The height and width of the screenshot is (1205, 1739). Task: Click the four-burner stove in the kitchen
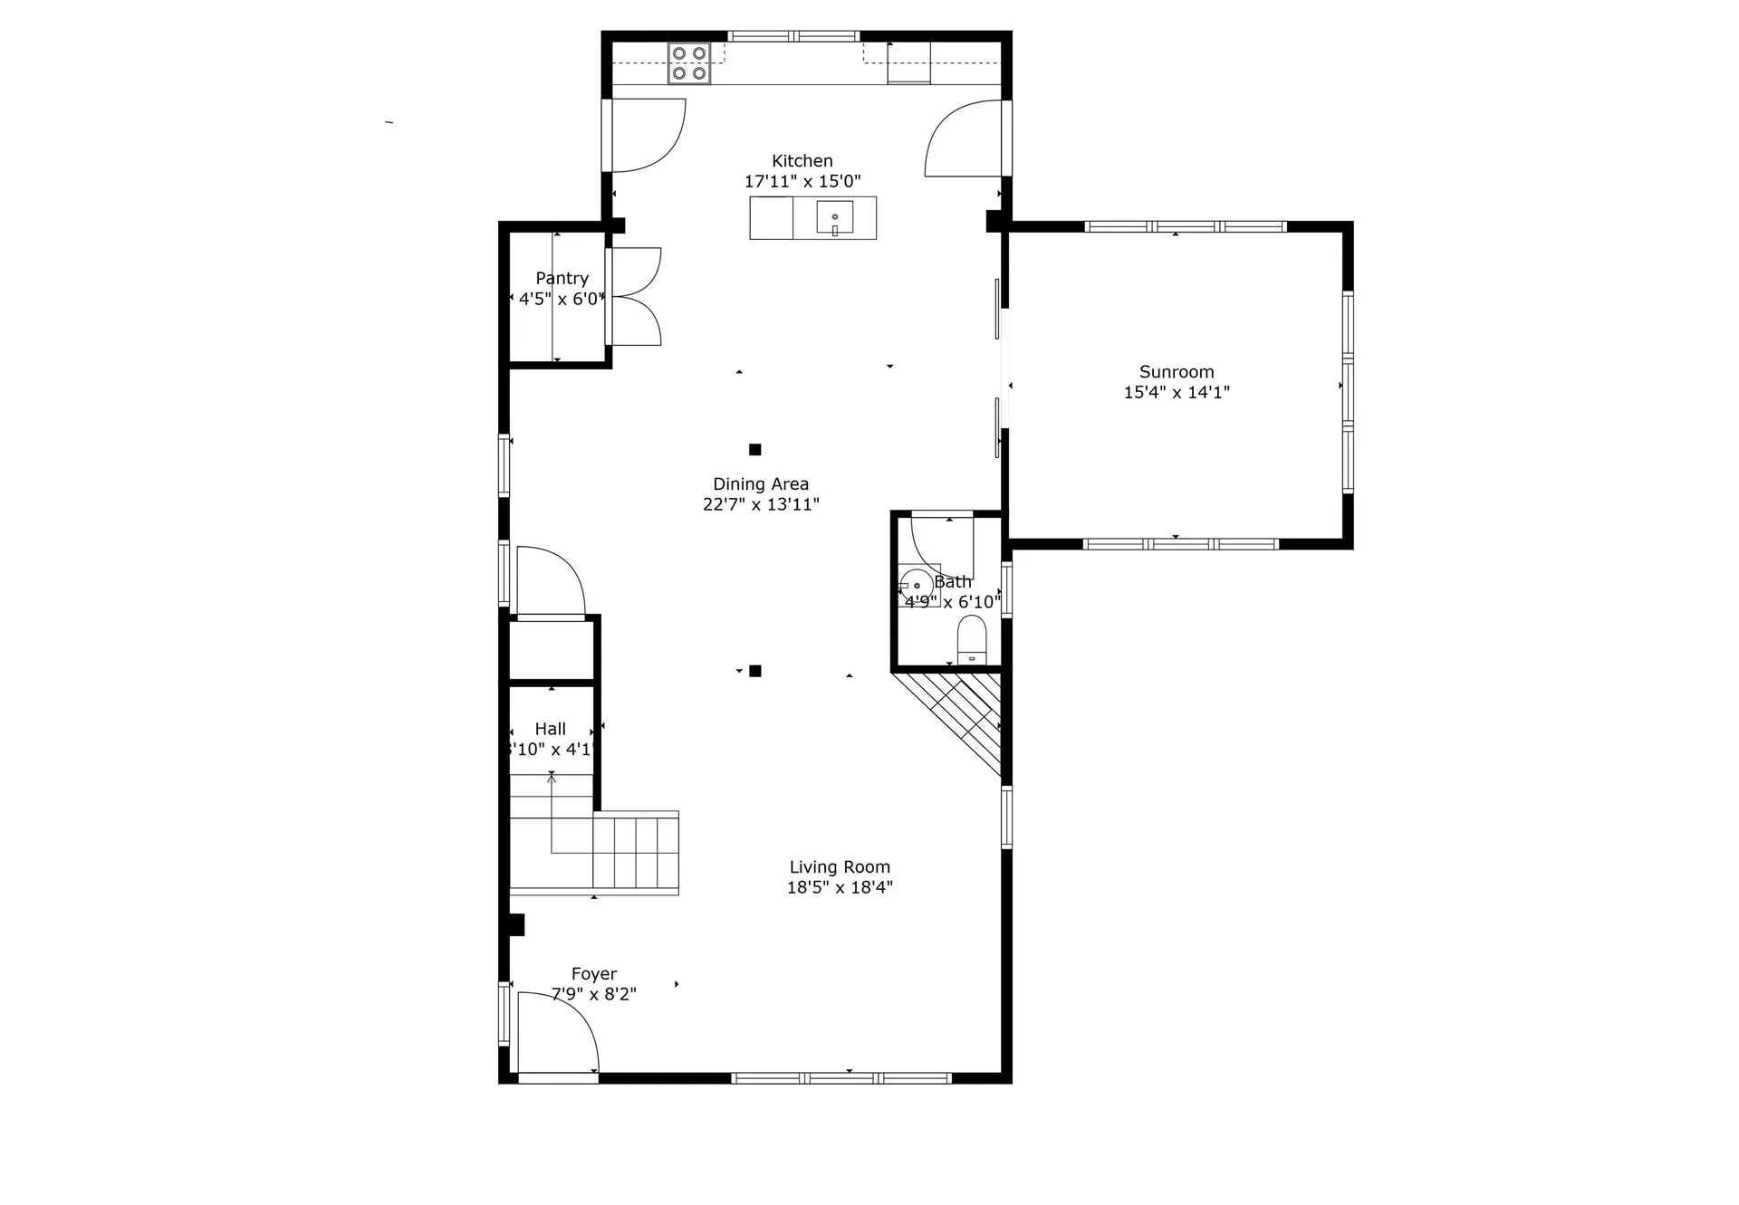pyautogui.click(x=688, y=63)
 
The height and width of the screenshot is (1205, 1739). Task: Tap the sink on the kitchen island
pyautogui.click(x=834, y=218)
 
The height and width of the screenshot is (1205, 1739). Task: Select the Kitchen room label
pyautogui.click(x=802, y=161)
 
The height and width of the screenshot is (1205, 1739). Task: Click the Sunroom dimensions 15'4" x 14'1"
pyautogui.click(x=1176, y=392)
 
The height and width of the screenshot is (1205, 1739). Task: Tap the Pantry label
pyautogui.click(x=562, y=278)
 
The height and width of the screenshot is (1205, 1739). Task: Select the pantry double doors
pyautogui.click(x=636, y=297)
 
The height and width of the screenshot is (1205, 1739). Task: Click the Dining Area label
pyautogui.click(x=760, y=484)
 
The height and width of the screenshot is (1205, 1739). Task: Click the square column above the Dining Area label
pyautogui.click(x=754, y=449)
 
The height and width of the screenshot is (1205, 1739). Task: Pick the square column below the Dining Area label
pyautogui.click(x=754, y=671)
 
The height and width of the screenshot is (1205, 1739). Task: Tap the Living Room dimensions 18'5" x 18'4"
pyautogui.click(x=839, y=887)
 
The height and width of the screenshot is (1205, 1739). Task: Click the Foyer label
pyautogui.click(x=593, y=974)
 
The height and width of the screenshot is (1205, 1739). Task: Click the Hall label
pyautogui.click(x=550, y=729)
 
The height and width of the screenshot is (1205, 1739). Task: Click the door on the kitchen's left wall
pyautogui.click(x=643, y=136)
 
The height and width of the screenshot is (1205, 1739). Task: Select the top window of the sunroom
pyautogui.click(x=1185, y=226)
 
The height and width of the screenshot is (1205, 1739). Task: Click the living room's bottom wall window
pyautogui.click(x=841, y=1077)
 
